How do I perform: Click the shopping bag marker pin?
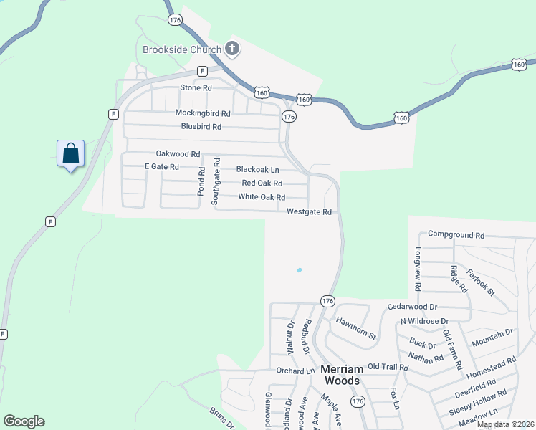[70, 153]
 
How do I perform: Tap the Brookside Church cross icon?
[231, 49]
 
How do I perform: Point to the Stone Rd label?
[196, 87]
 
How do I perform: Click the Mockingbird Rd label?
[203, 113]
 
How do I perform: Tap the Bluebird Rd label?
[201, 127]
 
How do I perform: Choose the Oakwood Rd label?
[178, 154]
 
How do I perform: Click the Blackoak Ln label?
[257, 170]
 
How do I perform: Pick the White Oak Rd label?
[262, 197]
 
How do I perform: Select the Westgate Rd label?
[309, 212]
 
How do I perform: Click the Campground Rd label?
[456, 234]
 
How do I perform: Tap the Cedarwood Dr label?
[412, 306]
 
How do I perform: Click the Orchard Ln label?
[295, 371]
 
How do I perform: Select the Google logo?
[24, 421]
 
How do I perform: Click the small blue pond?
[299, 270]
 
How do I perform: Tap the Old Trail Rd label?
[388, 367]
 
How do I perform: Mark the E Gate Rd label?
[161, 166]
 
